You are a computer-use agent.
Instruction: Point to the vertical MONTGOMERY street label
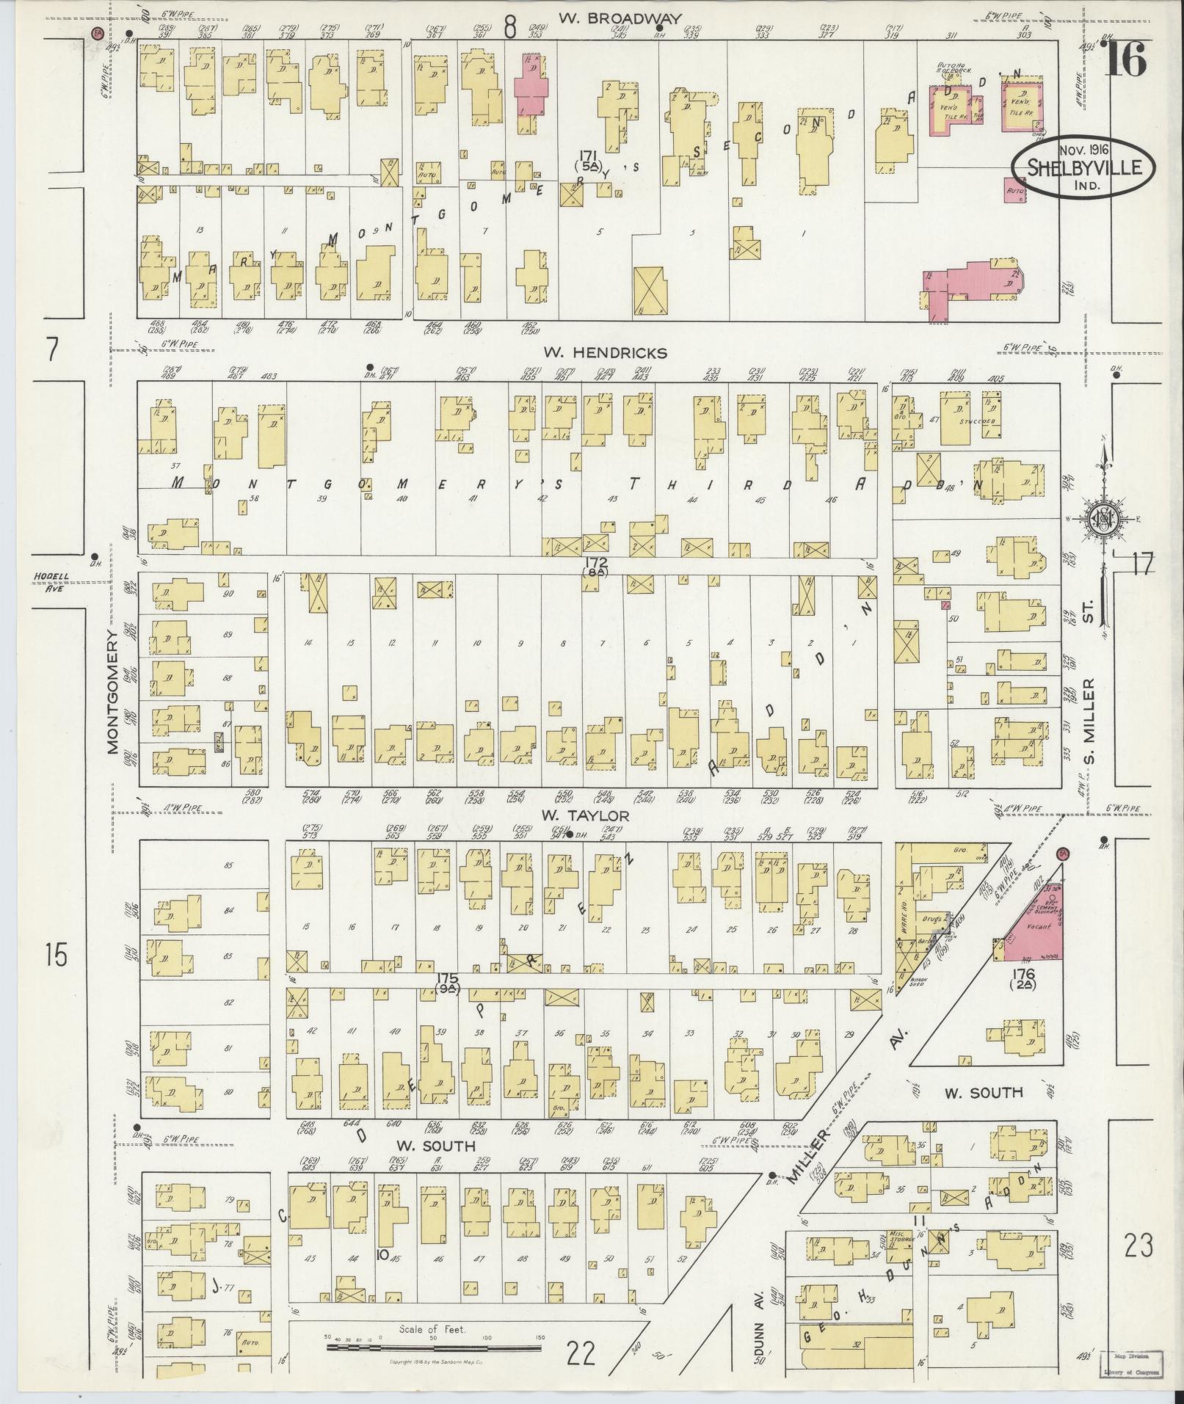(112, 692)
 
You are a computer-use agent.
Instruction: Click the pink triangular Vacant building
(1036, 928)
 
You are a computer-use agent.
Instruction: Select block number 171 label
(587, 160)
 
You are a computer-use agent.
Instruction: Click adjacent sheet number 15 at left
(54, 955)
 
